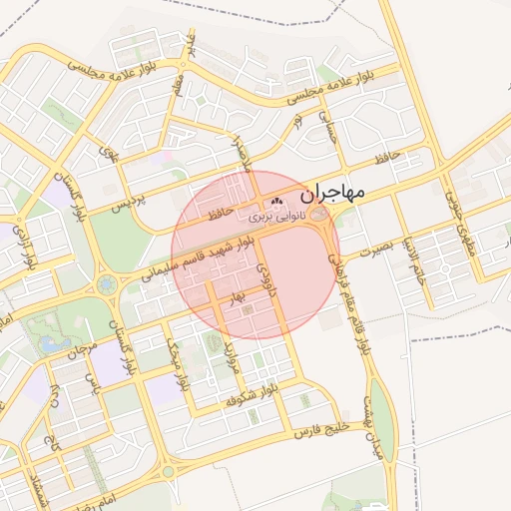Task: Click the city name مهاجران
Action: click(332, 190)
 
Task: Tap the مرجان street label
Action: click(82, 350)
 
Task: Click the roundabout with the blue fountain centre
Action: click(106, 286)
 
